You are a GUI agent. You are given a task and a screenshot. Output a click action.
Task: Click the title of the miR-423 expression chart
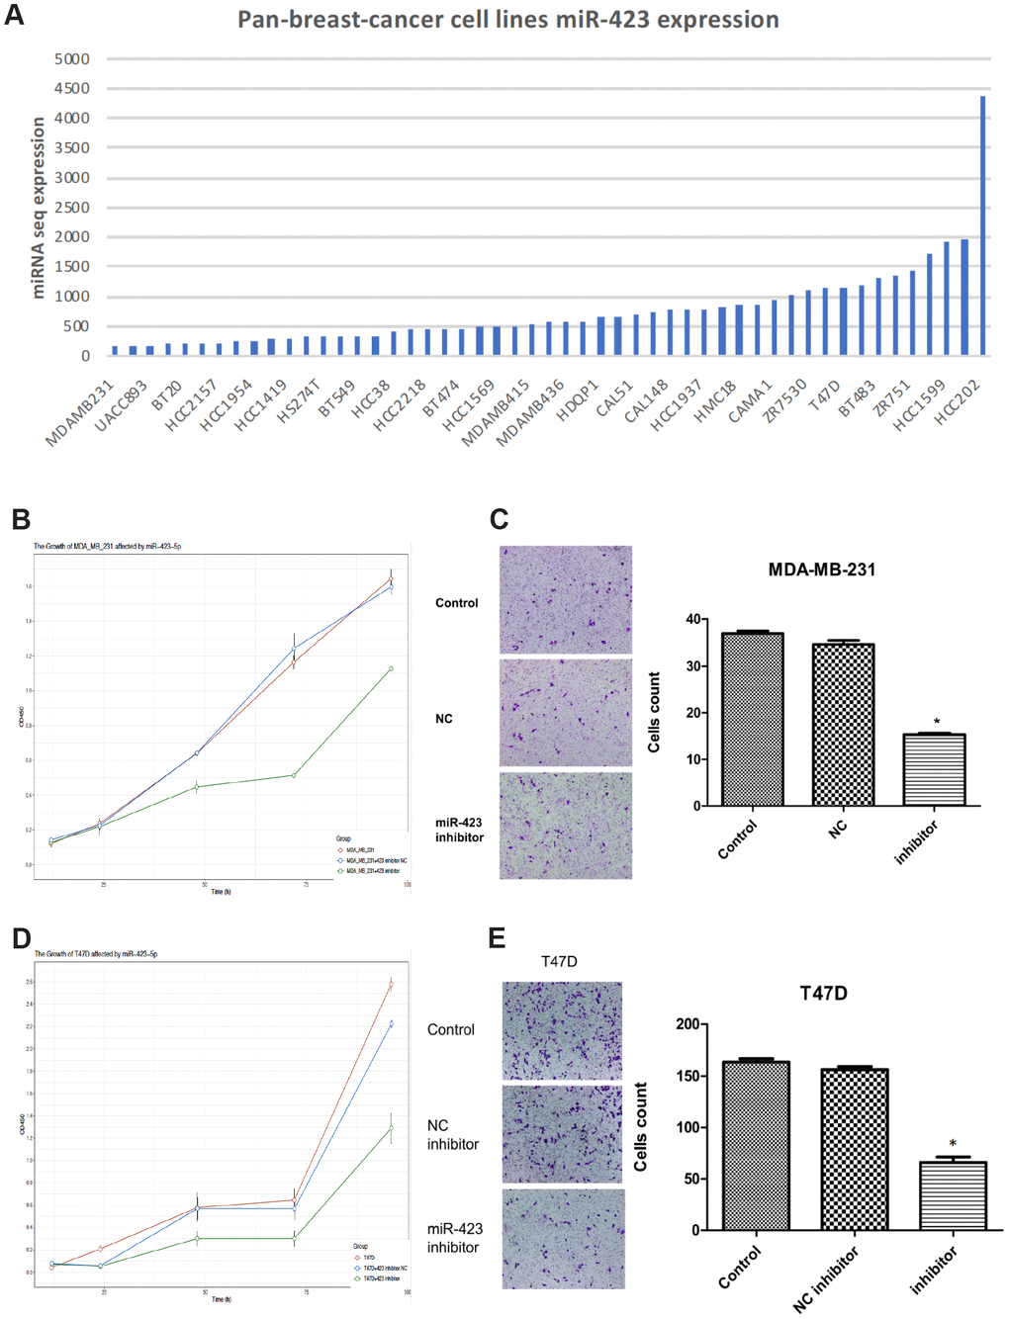tap(507, 20)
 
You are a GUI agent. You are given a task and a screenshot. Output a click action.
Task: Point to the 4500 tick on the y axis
tap(72, 89)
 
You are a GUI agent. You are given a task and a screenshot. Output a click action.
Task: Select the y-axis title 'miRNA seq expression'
tap(39, 208)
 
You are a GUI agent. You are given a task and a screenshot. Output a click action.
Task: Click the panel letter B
tap(21, 519)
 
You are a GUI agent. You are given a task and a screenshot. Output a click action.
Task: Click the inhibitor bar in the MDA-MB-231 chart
tap(934, 769)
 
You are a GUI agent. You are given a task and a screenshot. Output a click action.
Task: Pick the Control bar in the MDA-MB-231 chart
tap(753, 719)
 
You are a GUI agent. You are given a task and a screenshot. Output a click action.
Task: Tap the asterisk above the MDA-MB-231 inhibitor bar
tap(936, 722)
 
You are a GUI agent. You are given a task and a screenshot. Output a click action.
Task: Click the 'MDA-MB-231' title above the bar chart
tap(821, 570)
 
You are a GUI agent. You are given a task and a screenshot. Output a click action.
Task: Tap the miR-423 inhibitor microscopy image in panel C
tap(565, 826)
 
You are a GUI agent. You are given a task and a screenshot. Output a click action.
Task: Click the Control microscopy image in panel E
tap(562, 1030)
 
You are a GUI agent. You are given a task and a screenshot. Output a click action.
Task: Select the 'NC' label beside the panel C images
tap(444, 719)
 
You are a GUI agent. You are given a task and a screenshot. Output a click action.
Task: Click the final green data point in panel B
tap(391, 668)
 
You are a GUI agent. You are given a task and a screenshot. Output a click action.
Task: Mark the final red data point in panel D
tap(391, 985)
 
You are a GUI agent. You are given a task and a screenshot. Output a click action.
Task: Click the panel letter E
tap(498, 938)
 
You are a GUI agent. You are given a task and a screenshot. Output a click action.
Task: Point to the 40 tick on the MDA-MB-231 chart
tap(693, 620)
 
